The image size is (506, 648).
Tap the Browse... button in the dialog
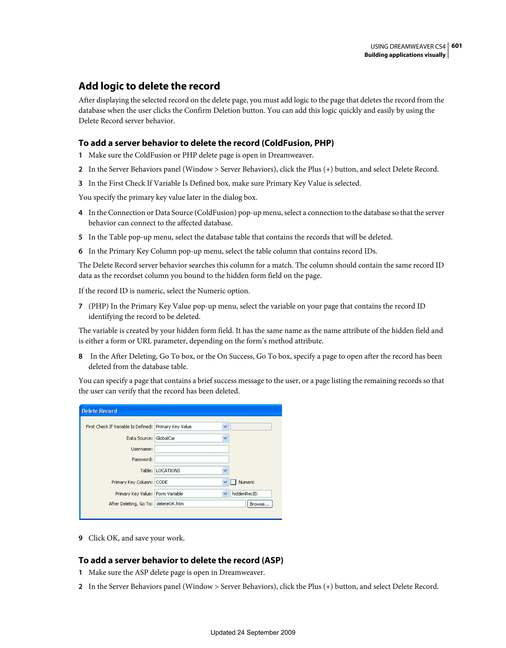tap(259, 504)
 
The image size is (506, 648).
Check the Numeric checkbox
tap(233, 482)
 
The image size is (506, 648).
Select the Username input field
tap(191, 449)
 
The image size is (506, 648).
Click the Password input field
tap(191, 459)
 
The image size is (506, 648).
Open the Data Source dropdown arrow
tap(225, 438)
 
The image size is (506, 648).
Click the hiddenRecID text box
tap(251, 494)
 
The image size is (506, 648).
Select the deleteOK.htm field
tap(200, 504)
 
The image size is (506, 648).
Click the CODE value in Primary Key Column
tap(162, 482)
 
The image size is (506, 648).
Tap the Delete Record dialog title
tap(100, 411)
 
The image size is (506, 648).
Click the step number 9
tap(80, 538)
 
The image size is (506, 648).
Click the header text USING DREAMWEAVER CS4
tap(408, 46)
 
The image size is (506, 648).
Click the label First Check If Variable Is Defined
tap(119, 427)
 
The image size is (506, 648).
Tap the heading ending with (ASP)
tap(181, 560)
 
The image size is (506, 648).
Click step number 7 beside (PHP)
tap(80, 306)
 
